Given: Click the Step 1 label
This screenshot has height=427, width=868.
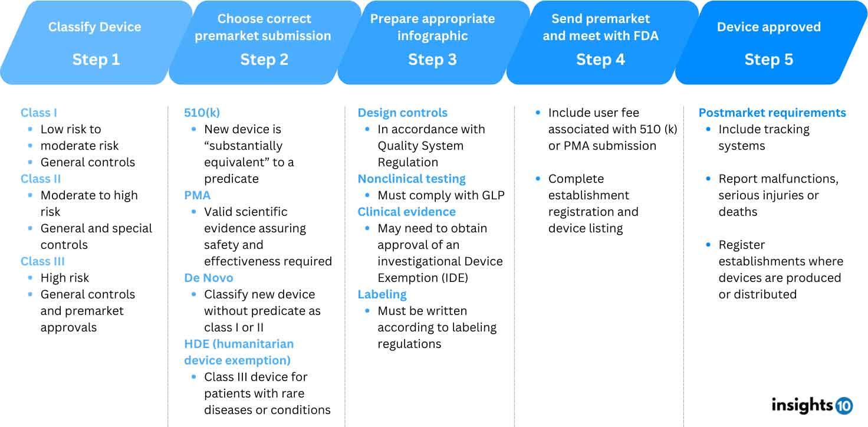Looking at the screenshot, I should (x=96, y=60).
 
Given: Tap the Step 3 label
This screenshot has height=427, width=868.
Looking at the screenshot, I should (x=432, y=60).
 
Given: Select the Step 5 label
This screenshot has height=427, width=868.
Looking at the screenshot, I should (x=768, y=60).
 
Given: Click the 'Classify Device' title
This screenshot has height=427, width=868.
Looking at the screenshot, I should (x=95, y=27).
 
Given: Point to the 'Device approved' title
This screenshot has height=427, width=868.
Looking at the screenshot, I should (x=768, y=27).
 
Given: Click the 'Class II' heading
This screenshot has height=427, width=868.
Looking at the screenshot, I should (x=41, y=179).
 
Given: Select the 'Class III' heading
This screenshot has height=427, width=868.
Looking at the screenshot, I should (x=42, y=261).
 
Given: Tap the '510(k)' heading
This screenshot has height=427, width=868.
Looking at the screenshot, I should (x=202, y=113).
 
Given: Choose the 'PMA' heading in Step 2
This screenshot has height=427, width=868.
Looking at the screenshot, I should (x=197, y=195).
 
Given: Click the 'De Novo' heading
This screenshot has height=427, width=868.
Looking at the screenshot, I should (x=209, y=278).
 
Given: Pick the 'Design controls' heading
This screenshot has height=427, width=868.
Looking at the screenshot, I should (x=403, y=113).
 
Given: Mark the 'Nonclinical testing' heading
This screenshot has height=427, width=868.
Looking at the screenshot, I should (x=412, y=179).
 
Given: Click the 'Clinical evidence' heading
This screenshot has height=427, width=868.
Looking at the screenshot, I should (x=407, y=212).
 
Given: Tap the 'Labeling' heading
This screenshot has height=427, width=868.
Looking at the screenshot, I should (x=382, y=294).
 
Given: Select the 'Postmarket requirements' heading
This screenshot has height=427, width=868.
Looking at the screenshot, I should (x=772, y=113).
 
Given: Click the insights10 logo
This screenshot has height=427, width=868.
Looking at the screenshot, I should (x=811, y=405).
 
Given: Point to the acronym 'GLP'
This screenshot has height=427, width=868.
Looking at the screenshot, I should (x=492, y=195).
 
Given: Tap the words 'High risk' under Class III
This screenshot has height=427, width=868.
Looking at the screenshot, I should (x=65, y=278).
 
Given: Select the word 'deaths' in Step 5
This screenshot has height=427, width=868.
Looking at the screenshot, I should (x=738, y=212).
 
